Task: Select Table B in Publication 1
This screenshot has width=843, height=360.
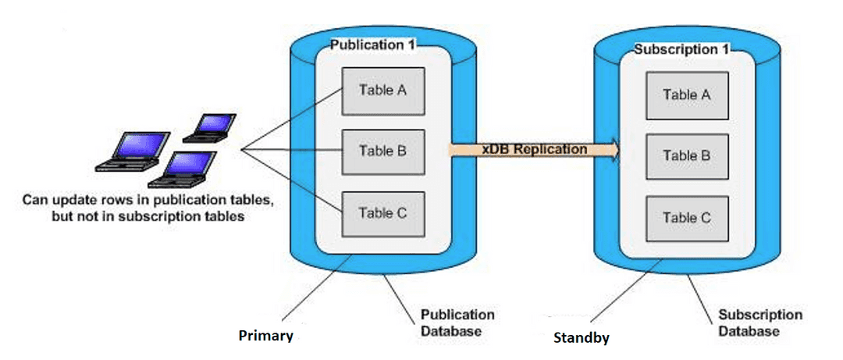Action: pyautogui.click(x=382, y=151)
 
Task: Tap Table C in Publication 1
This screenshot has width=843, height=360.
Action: pyautogui.click(x=382, y=212)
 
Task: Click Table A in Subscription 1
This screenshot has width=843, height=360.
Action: pyautogui.click(x=686, y=94)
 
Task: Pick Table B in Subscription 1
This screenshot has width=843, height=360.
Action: pyautogui.click(x=686, y=155)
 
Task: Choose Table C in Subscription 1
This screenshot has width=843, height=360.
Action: pyautogui.click(x=686, y=218)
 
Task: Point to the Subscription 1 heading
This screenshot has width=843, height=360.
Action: pyautogui.click(x=681, y=49)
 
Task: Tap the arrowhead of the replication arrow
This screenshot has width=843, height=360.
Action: pyautogui.click(x=614, y=149)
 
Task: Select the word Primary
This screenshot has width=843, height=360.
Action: pyautogui.click(x=265, y=337)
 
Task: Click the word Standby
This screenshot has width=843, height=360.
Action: pyautogui.click(x=581, y=338)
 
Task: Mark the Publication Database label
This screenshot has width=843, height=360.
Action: pyautogui.click(x=457, y=323)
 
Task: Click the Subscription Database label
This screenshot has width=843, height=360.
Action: pyautogui.click(x=749, y=323)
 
